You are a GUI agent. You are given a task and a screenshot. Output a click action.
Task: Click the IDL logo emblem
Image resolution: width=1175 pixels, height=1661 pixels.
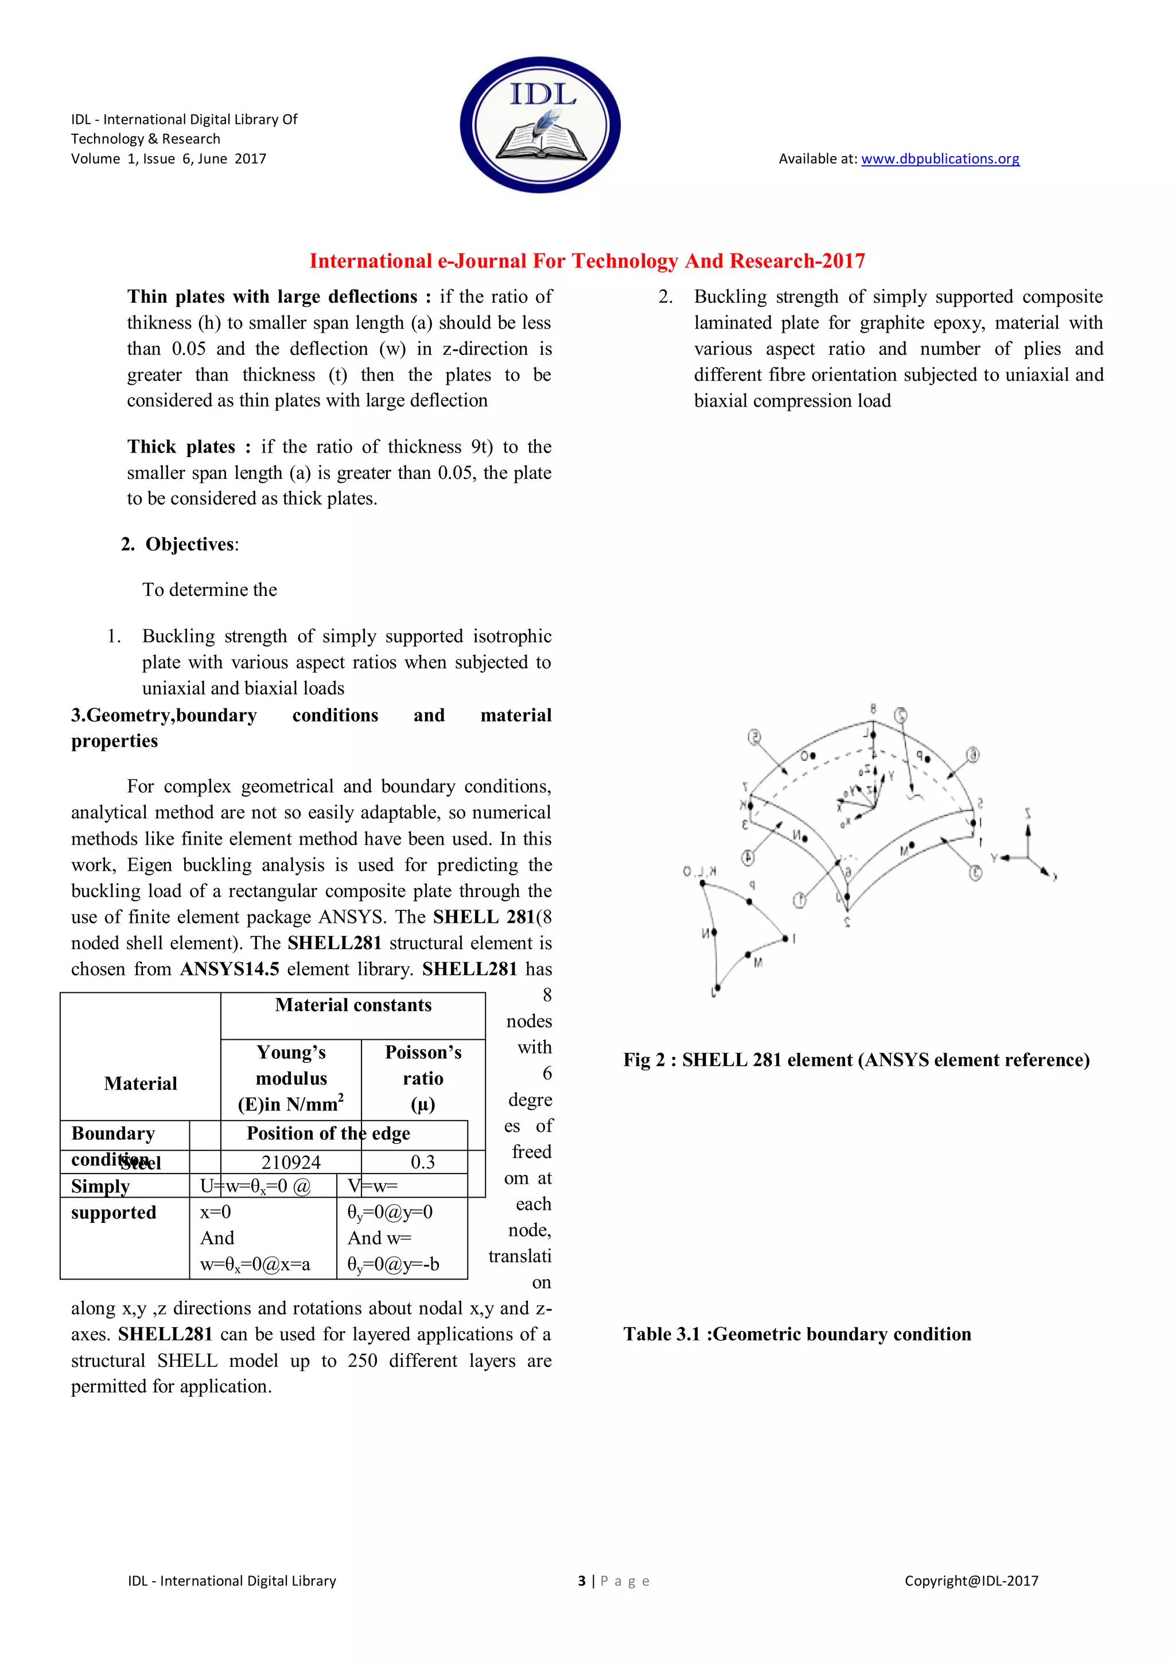pyautogui.click(x=540, y=124)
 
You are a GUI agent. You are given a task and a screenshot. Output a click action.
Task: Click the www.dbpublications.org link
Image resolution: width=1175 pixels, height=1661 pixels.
pyautogui.click(x=940, y=158)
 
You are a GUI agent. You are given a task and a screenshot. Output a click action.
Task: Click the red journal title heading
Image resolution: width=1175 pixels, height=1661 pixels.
pyautogui.click(x=587, y=261)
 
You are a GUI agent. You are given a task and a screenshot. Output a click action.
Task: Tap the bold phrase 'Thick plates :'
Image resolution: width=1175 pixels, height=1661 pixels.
pyautogui.click(x=189, y=446)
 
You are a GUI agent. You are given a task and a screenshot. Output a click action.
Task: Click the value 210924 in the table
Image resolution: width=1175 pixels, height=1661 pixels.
pyautogui.click(x=291, y=1162)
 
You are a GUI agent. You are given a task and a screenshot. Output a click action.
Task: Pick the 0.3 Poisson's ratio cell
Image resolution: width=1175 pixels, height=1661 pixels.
pyautogui.click(x=422, y=1162)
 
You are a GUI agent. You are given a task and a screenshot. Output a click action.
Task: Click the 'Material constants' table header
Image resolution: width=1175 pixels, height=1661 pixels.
pyautogui.click(x=353, y=1005)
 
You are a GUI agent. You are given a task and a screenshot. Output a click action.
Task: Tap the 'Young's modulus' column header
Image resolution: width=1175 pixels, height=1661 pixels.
pyautogui.click(x=291, y=1078)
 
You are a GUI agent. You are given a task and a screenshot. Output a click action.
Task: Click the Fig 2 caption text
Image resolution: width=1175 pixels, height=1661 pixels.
pyautogui.click(x=856, y=1060)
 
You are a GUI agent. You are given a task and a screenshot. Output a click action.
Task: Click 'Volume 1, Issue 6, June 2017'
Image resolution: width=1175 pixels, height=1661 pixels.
pyautogui.click(x=169, y=158)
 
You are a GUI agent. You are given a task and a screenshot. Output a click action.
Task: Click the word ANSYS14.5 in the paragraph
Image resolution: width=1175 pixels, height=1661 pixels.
pyautogui.click(x=229, y=969)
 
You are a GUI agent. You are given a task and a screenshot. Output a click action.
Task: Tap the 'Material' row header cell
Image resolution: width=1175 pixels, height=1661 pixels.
pyautogui.click(x=141, y=1083)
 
